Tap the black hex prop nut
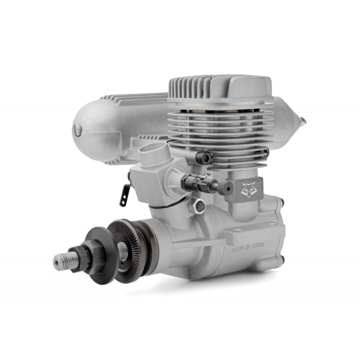[x=77, y=258]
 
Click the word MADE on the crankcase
[x=237, y=249]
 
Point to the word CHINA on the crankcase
[x=258, y=245]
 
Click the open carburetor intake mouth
[x=153, y=149]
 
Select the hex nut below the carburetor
[x=198, y=205]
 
